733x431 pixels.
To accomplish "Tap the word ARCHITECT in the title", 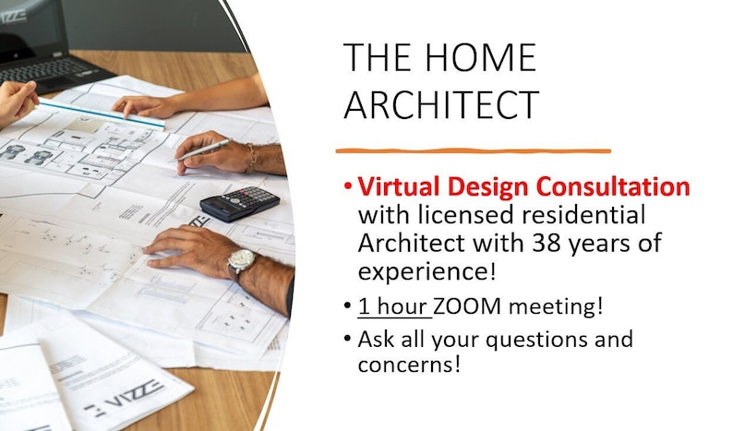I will pyautogui.click(x=440, y=104).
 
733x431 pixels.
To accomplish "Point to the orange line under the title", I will pyautogui.click(x=473, y=150).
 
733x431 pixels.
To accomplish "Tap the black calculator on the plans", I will pyautogui.click(x=240, y=203).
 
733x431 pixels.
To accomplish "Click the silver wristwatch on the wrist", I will pyautogui.click(x=241, y=263).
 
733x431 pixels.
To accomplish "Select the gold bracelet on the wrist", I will pyautogui.click(x=250, y=158).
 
